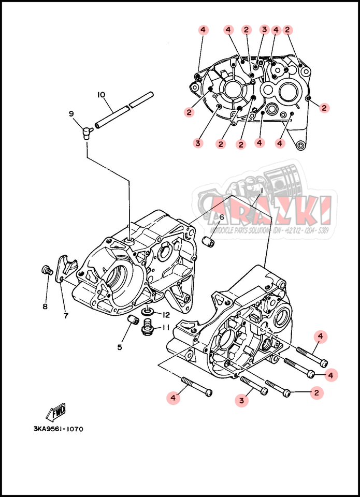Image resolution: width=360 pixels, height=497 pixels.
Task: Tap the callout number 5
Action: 120,347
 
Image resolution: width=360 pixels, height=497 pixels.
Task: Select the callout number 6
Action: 221,217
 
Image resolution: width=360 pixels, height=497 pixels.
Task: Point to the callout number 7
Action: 66,316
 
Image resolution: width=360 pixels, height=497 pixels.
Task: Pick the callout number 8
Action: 45,306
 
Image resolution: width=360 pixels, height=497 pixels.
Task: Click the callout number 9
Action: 71,113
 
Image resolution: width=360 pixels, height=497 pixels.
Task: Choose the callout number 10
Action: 101,95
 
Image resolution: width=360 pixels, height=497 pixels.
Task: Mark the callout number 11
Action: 166,327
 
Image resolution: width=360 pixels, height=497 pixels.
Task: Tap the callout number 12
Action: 166,315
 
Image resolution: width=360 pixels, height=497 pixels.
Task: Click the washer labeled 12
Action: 147,313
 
